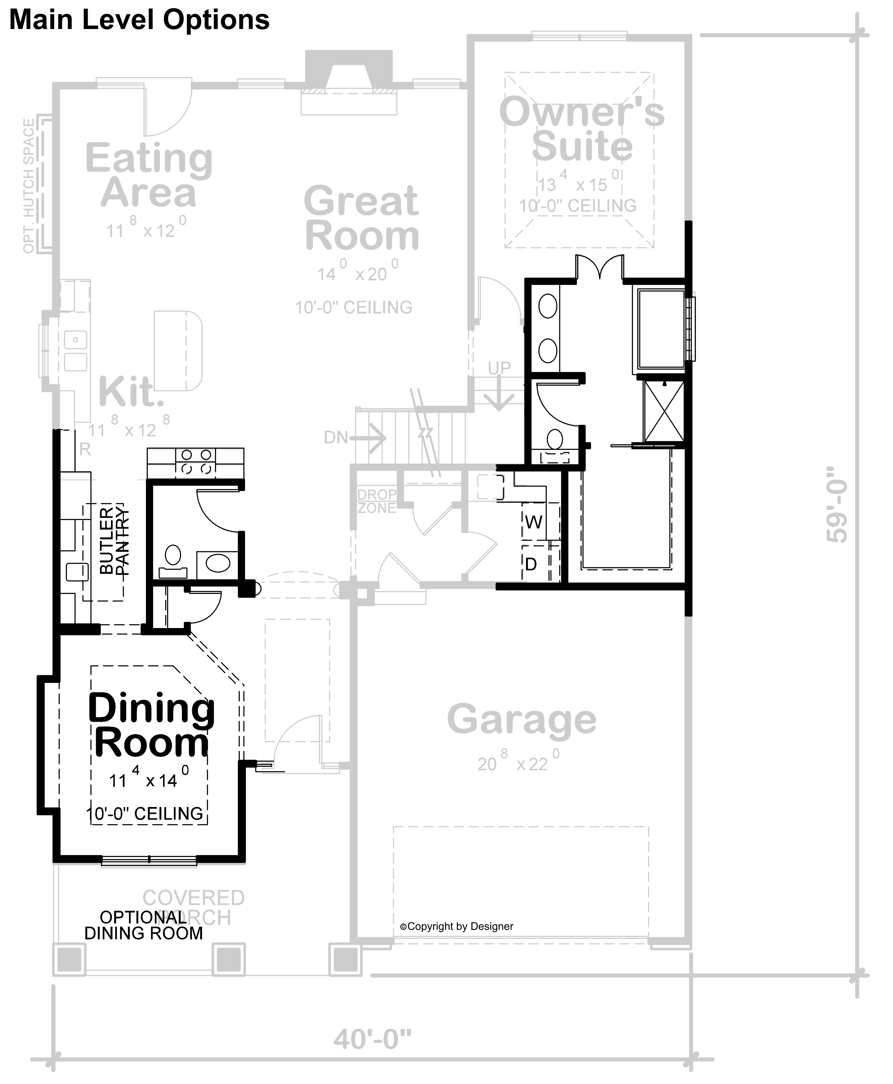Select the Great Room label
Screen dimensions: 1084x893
pyautogui.click(x=362, y=218)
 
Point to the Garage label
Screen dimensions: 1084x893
pyautogui.click(x=521, y=719)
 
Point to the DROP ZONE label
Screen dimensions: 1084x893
pyautogui.click(x=377, y=501)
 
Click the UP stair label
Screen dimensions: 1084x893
pyautogui.click(x=499, y=368)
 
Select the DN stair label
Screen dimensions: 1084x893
pyautogui.click(x=336, y=438)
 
